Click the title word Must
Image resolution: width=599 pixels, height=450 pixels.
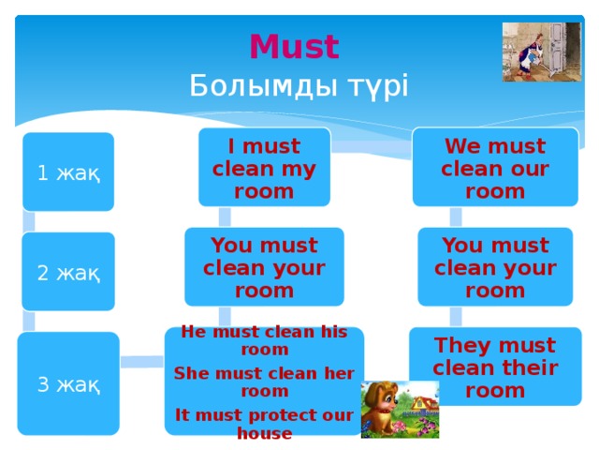tap(294, 46)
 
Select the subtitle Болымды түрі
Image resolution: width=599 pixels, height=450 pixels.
tap(299, 86)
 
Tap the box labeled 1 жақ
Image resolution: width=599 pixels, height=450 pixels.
tap(69, 172)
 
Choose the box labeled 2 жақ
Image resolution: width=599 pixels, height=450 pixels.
tap(68, 272)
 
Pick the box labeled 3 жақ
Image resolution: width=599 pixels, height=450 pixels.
tap(69, 383)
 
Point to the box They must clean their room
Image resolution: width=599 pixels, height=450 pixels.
tap(494, 367)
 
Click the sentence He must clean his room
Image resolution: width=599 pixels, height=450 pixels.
tap(264, 340)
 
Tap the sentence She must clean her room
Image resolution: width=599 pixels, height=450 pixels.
tap(264, 382)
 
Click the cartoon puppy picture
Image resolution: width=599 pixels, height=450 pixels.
tap(400, 410)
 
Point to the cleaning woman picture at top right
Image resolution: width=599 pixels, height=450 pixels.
tap(541, 52)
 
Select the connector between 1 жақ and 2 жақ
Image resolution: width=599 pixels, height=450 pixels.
tap(29, 222)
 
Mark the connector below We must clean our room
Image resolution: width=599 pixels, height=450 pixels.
tap(456, 217)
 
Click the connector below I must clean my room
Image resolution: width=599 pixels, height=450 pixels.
tap(225, 217)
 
